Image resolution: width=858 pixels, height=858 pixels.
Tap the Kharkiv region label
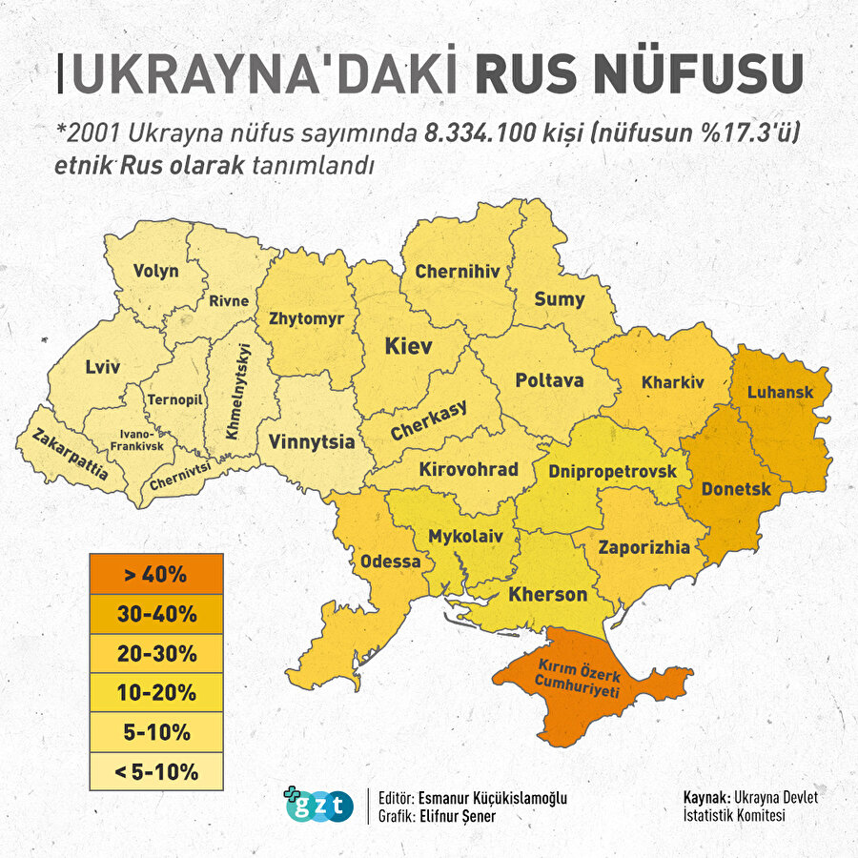coord(672,382)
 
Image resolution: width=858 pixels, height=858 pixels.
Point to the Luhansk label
coord(780,392)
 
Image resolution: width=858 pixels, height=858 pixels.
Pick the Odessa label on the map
coord(390,562)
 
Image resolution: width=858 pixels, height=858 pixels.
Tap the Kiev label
coord(408,346)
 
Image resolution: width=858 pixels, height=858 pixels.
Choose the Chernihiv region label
coord(458,272)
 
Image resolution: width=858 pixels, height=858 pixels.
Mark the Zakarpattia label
coord(70,454)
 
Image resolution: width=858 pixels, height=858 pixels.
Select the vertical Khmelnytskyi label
coord(235,391)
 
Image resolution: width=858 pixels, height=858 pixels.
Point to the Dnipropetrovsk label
coord(612,472)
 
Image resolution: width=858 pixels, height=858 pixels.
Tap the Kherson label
coord(547,595)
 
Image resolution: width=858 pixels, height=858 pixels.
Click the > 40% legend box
coord(155,575)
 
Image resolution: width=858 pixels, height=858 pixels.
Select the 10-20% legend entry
coord(155,692)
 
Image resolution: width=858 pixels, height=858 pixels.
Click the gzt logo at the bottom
coord(318,806)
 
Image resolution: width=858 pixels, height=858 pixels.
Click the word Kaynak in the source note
coord(705,797)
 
